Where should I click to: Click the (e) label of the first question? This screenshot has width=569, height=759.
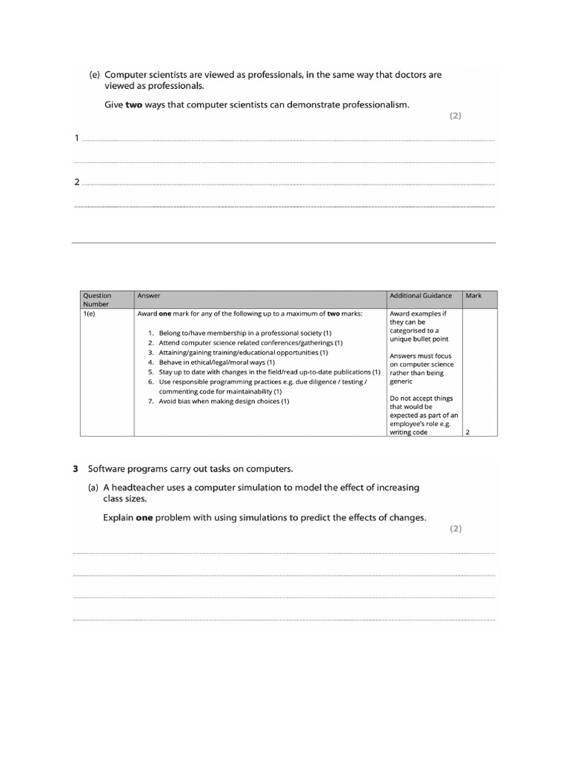click(x=95, y=75)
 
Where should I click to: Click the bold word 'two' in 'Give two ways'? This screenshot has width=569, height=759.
click(x=133, y=105)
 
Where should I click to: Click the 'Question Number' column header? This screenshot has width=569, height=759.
click(x=96, y=299)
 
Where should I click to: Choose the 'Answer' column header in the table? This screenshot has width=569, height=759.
click(x=149, y=296)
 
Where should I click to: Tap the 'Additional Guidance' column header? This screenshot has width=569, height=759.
click(x=420, y=296)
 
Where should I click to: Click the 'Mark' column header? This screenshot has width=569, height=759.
click(x=473, y=296)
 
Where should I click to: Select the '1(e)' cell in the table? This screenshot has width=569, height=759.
click(x=90, y=314)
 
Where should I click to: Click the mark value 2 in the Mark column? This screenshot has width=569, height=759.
click(x=467, y=432)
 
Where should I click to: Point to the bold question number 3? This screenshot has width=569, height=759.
click(x=76, y=468)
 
